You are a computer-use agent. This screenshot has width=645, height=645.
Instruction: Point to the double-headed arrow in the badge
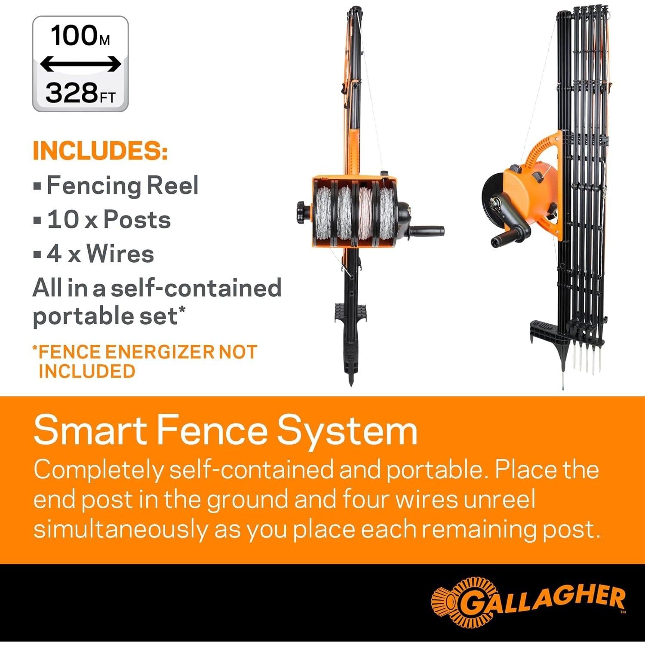pyautogui.click(x=80, y=64)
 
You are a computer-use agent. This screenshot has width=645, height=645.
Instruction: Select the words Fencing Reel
pyautogui.click(x=123, y=186)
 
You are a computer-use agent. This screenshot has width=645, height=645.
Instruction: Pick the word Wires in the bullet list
pyautogui.click(x=120, y=254)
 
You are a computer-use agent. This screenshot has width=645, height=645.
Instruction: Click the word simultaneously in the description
pyautogui.click(x=120, y=530)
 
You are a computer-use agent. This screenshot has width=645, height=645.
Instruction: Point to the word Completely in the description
pyautogui.click(x=98, y=470)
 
